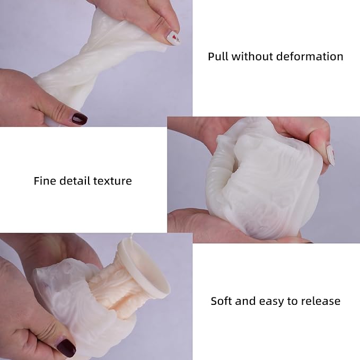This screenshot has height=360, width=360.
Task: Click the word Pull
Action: click(x=218, y=57)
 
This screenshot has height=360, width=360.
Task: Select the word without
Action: click(x=252, y=57)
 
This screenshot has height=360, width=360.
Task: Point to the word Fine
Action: click(x=45, y=181)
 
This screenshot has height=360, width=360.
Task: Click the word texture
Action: click(x=112, y=181)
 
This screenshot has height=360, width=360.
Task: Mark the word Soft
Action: click(x=222, y=301)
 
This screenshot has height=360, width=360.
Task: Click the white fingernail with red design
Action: click(x=173, y=38)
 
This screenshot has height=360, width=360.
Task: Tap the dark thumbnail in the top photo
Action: click(x=80, y=119)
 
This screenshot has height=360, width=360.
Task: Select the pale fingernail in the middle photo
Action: click(x=330, y=155)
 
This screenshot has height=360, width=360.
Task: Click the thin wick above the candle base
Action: click(x=131, y=236)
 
